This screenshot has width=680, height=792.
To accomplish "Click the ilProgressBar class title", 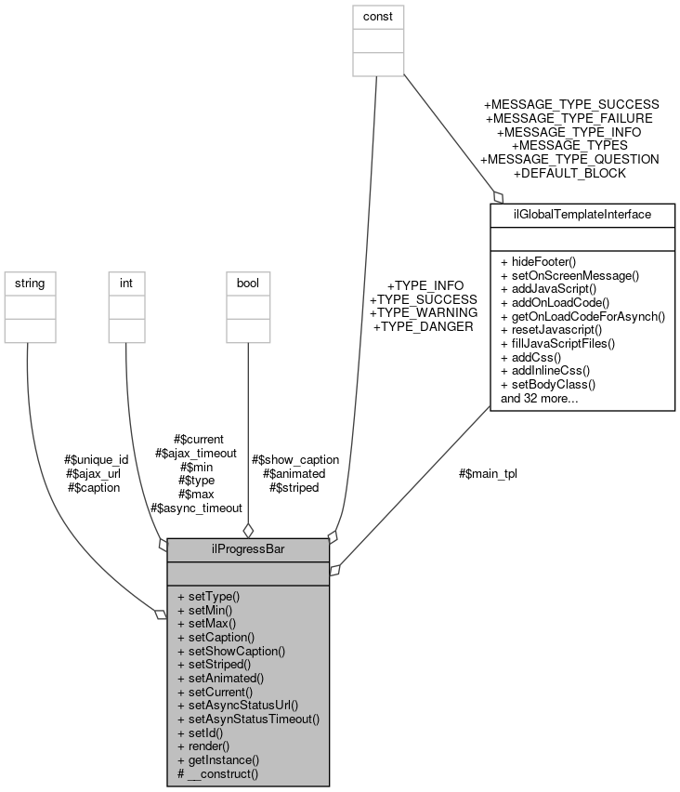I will coord(248,548).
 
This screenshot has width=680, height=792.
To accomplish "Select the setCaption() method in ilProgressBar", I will coord(221,637).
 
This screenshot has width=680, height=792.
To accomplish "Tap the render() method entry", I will coord(209,746).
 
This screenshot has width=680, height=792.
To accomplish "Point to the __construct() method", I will coord(222,773).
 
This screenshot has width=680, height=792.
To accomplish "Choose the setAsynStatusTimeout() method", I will coord(253,719).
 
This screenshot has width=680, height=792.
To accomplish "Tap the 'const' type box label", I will coord(378,15).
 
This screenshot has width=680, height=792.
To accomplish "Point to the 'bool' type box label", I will coord(249,281).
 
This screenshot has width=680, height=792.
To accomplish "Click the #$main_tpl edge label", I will coord(488,473).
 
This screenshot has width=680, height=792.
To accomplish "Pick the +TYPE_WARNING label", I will coord(423,312).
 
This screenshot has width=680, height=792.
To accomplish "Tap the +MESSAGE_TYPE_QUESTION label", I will coord(569,159).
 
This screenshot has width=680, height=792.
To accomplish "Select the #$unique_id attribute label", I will coord(96,459).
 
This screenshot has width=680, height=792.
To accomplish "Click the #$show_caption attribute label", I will coord(296,459).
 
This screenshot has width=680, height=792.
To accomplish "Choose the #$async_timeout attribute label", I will coord(196,508).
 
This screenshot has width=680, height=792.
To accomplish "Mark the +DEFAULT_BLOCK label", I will coord(569,173).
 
